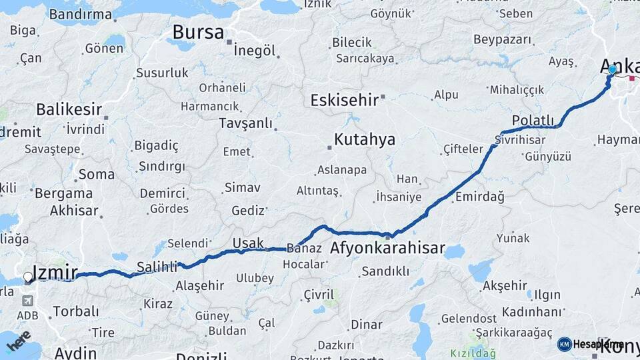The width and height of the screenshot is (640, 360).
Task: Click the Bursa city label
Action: [198, 32]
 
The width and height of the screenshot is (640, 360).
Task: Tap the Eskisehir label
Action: [344, 100]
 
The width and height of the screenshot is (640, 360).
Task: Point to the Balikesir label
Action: [69, 109]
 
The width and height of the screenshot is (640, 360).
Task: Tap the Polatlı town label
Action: [533, 120]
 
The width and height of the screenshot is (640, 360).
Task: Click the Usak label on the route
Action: [248, 243]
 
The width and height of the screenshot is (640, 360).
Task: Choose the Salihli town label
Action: [157, 267]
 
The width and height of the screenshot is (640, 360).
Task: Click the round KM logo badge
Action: [565, 344]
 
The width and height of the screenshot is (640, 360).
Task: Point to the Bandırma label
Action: [81, 14]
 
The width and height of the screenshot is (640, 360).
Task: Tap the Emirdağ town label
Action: [479, 197]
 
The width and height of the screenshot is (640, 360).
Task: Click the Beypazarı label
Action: [503, 39]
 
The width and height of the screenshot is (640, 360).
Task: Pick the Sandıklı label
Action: [385, 271]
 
